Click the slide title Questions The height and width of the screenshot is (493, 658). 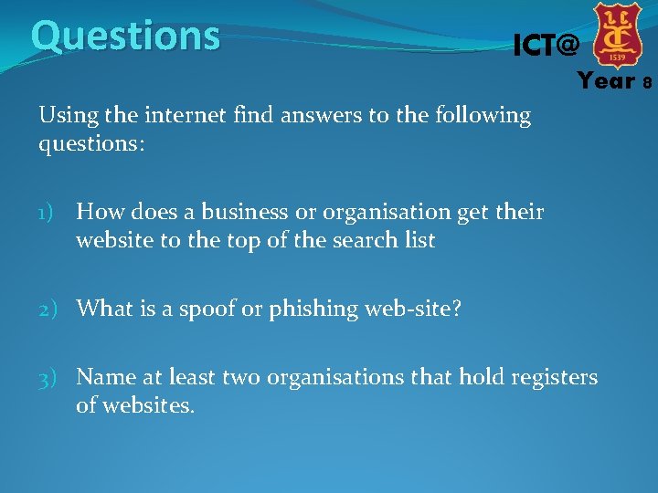[125, 37]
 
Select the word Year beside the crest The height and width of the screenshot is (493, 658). [606, 81]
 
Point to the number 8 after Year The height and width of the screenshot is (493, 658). [647, 83]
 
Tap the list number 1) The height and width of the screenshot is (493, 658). [50, 214]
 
